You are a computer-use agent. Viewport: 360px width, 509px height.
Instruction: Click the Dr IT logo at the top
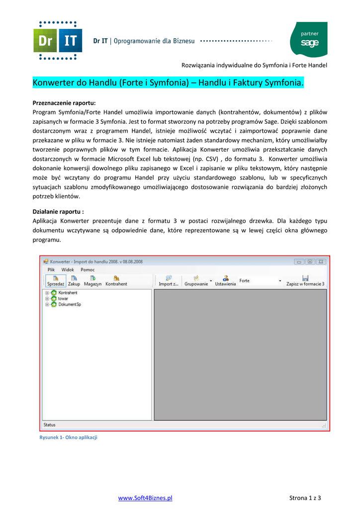(x=57, y=40)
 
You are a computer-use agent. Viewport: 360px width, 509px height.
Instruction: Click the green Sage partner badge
(x=308, y=39)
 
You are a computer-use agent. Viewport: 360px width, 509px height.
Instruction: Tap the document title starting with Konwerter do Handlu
(x=168, y=82)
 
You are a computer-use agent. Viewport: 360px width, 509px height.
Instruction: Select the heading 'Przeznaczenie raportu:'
(x=64, y=103)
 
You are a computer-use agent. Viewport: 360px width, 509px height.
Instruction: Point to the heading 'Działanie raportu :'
(x=58, y=211)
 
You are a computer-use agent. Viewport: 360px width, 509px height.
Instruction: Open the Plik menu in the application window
(x=51, y=269)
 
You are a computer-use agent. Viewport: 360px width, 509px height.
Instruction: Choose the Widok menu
(x=68, y=269)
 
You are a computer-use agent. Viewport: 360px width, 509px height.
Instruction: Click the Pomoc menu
(x=88, y=269)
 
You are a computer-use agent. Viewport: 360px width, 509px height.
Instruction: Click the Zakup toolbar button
(x=74, y=281)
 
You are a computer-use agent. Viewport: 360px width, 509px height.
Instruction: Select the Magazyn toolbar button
(x=92, y=281)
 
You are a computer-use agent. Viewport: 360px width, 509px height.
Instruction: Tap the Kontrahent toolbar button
(x=116, y=281)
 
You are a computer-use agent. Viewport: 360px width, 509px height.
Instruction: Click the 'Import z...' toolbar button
(x=169, y=281)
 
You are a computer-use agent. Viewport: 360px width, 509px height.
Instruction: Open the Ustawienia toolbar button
(x=225, y=281)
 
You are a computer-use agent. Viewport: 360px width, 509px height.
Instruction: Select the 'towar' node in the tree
(x=63, y=299)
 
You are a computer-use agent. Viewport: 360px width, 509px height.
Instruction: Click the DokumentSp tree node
(x=69, y=304)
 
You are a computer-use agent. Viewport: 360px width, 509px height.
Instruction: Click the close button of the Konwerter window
(x=321, y=261)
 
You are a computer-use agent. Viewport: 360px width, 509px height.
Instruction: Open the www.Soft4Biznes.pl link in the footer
(x=145, y=498)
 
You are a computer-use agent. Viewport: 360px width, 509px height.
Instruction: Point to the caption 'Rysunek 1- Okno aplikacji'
(x=68, y=437)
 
